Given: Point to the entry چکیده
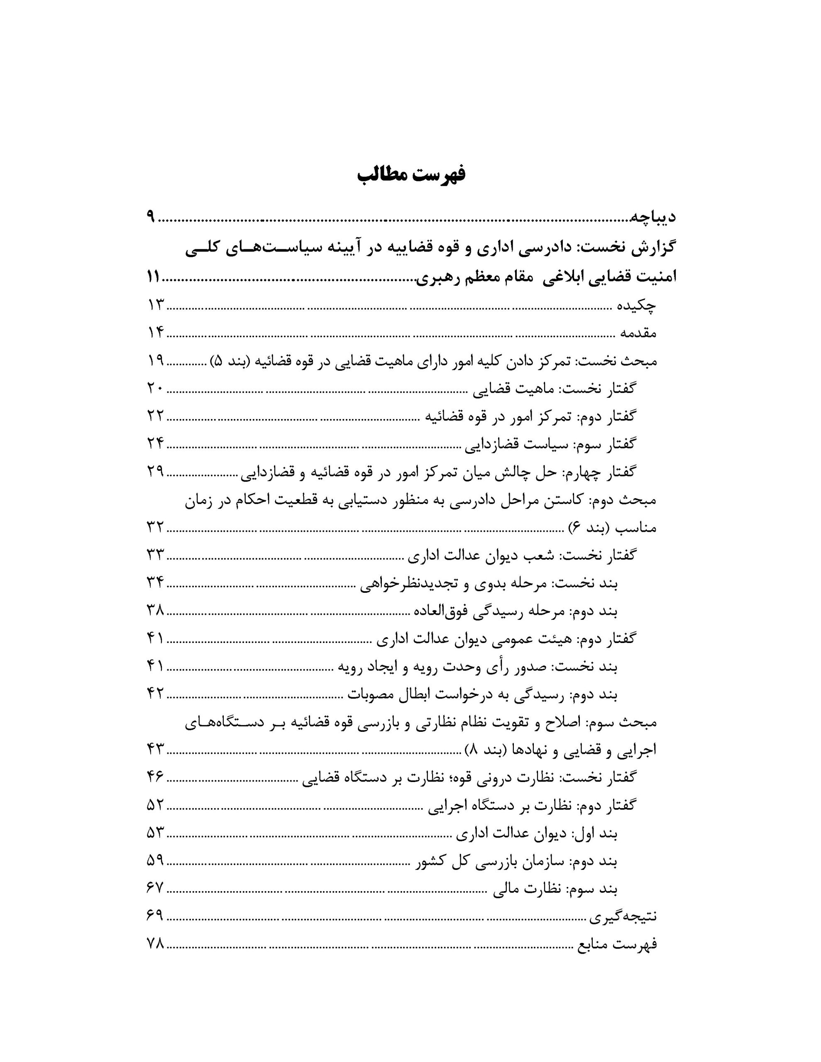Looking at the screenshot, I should pos(637,305).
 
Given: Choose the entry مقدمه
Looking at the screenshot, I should pos(638,333).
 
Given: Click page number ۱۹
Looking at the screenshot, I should pos(156,361).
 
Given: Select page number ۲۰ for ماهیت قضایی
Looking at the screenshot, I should pos(156,389).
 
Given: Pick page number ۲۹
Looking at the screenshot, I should pos(156,471).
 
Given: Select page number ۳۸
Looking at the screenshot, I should pos(156,610).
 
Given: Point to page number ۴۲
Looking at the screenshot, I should pos(156,693).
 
